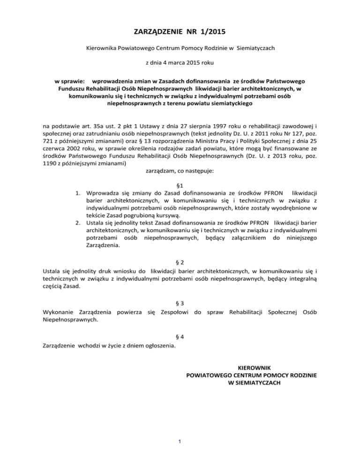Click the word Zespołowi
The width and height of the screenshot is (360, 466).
coord(175,312)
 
